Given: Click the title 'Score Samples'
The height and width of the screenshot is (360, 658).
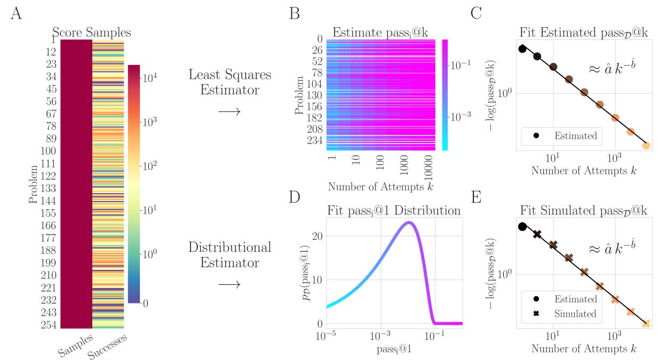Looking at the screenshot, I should coord(92,33).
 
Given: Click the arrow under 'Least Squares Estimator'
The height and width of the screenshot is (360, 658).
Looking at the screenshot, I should coord(230,111).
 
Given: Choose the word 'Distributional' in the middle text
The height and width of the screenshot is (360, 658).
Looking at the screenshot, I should coord(230,247).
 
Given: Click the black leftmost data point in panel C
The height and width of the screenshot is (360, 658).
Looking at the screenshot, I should coord(522,49).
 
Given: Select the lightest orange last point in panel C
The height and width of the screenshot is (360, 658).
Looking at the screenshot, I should coord(646,145).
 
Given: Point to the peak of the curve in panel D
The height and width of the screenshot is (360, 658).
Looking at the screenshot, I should coord(409,222).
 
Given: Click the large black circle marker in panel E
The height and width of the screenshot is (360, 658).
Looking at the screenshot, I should coord(522,227).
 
